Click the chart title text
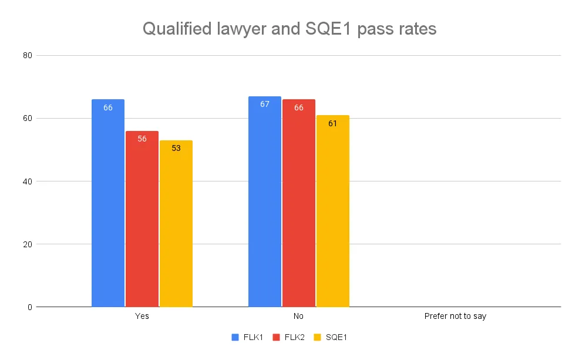(289, 29)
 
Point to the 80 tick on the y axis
(27, 55)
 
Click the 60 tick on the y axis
(27, 118)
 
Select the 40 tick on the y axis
(27, 181)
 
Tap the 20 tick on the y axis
(27, 244)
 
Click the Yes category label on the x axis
(142, 317)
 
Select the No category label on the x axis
(299, 317)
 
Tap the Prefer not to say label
(455, 317)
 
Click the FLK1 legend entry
(249, 337)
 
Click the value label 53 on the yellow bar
(176, 148)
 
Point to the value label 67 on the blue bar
(265, 104)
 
